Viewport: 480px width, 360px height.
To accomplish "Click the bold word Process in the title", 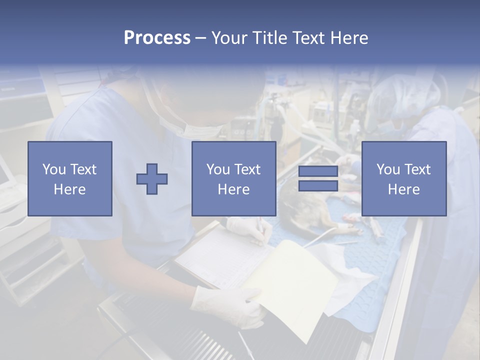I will [x=157, y=38].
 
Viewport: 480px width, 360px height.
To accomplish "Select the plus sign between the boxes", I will [x=152, y=178].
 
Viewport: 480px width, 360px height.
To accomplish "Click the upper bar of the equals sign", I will [x=318, y=171].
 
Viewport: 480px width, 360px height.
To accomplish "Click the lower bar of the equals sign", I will [x=318, y=185].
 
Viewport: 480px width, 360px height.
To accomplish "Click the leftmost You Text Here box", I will [x=70, y=178].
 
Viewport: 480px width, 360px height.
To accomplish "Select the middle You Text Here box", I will [x=234, y=178].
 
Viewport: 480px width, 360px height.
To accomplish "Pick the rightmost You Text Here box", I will [x=404, y=178].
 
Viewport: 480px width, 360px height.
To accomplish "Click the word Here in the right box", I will [x=404, y=189].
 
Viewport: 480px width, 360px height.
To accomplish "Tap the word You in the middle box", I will [x=218, y=169].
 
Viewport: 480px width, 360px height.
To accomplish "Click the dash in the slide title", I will [x=200, y=38].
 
